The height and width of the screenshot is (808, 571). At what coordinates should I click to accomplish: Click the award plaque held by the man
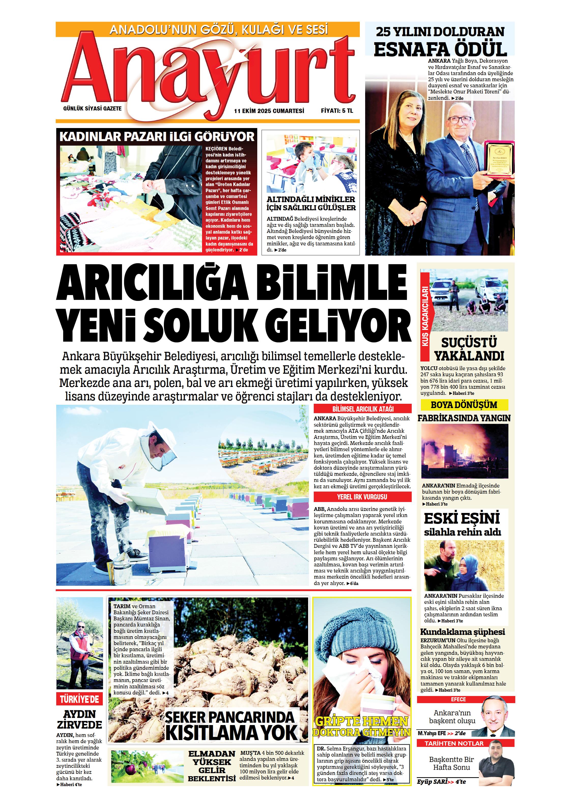click(x=499, y=158)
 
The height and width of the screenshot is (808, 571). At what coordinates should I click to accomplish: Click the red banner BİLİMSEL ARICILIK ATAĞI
click(x=362, y=409)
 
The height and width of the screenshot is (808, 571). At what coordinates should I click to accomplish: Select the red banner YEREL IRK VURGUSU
click(x=362, y=497)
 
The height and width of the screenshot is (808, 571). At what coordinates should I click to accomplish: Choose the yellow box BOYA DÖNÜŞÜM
click(x=464, y=405)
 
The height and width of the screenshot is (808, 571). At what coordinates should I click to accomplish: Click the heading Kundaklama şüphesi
click(x=462, y=632)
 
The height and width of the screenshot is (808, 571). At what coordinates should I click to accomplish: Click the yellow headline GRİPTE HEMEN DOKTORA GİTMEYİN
click(x=361, y=726)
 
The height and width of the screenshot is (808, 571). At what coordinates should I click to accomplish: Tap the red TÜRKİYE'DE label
click(x=79, y=699)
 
